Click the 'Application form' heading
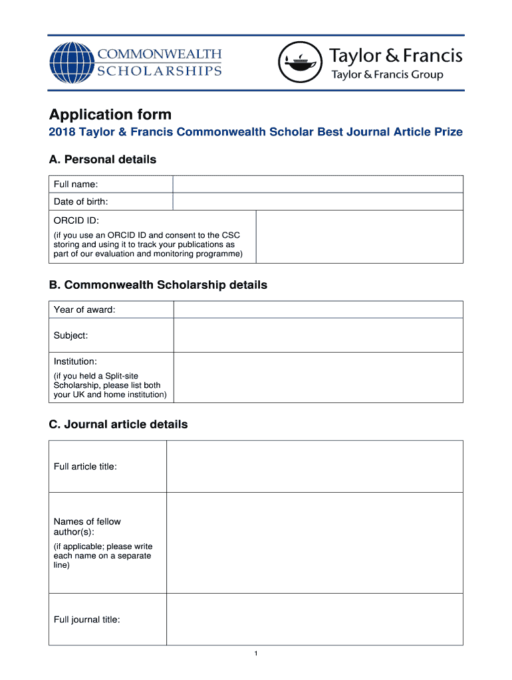coord(110,114)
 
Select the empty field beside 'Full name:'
coord(318,184)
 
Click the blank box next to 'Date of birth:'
coord(318,201)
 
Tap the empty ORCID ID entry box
coord(359,236)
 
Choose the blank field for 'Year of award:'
coord(318,309)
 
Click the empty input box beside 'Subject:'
coord(318,335)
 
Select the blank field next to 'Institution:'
coord(318,377)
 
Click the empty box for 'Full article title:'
coord(315,466)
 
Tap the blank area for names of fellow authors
coord(315,543)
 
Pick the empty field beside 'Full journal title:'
coord(315,620)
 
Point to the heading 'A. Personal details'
coord(102,159)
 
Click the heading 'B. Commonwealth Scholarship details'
coord(158,285)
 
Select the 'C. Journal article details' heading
coord(118,424)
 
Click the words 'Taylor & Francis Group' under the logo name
coord(387,75)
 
